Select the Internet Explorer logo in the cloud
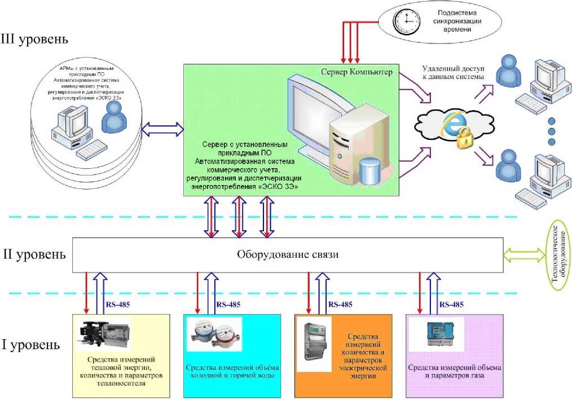coord(451,121)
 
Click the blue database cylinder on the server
coord(371,170)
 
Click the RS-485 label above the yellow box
coord(117,305)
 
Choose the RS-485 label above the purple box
coord(451,305)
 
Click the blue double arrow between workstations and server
coord(162,130)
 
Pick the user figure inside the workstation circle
coord(111,120)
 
